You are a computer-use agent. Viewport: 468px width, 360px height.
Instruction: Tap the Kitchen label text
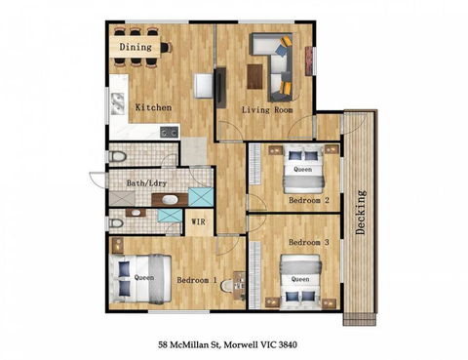[x=154, y=107]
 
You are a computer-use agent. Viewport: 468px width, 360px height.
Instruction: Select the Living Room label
[x=267, y=111]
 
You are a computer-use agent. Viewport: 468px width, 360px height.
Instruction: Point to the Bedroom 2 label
[x=309, y=200]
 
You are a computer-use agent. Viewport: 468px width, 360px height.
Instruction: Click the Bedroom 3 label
[x=309, y=241]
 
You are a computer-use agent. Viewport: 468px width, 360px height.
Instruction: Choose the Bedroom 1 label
[x=197, y=281]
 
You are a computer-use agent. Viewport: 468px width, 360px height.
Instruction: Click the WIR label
[x=198, y=221]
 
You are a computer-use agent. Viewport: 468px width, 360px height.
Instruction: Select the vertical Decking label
[x=361, y=214]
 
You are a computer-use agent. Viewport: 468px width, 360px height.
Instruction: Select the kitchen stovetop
[x=169, y=130]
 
